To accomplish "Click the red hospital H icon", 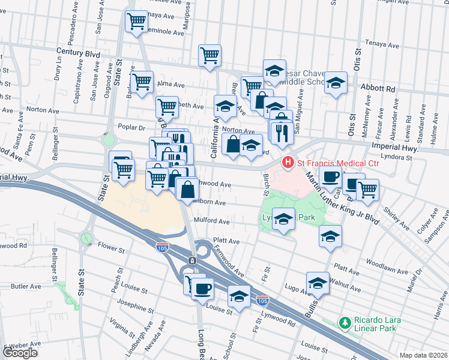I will pyautogui.click(x=288, y=162).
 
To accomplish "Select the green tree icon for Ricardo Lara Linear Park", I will pyautogui.click(x=345, y=324).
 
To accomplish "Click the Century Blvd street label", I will pyautogui.click(x=76, y=53).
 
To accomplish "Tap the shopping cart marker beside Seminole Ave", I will pyautogui.click(x=136, y=22).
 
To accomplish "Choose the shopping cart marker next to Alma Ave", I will pyautogui.click(x=142, y=82).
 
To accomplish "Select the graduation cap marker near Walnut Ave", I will pyautogui.click(x=318, y=283).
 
